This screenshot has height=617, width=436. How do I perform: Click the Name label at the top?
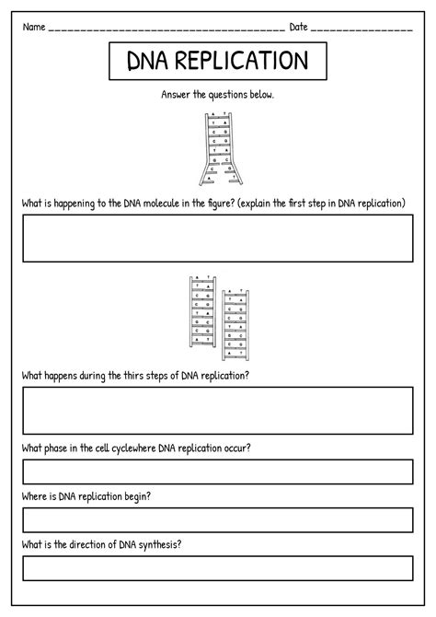[x=34, y=27]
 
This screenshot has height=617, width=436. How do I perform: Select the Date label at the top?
[x=299, y=27]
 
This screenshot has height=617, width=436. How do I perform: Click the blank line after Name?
[x=166, y=30]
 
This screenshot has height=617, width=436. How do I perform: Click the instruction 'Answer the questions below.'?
[x=217, y=94]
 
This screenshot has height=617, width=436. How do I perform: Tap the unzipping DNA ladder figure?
[x=217, y=147]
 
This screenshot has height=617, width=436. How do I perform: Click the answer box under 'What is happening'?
[x=218, y=239]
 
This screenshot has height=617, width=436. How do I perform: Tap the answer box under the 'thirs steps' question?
[x=218, y=410]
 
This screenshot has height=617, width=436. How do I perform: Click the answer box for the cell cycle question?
[x=218, y=471]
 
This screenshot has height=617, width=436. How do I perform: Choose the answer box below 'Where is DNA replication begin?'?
[x=218, y=519]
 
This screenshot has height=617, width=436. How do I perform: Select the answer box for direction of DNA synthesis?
[x=218, y=567]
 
